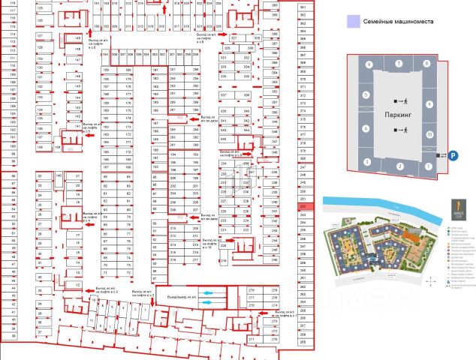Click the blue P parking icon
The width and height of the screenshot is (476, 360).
click(x=453, y=155)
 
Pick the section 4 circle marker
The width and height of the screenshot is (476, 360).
click(x=365, y=129)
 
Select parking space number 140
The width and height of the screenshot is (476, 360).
click(x=59, y=175)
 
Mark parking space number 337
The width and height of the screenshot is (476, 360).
click(x=224, y=95)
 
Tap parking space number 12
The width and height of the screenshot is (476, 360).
click(x=77, y=285)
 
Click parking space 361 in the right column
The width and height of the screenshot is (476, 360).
click(x=302, y=7)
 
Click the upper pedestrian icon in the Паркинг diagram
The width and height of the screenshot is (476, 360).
click(x=405, y=100)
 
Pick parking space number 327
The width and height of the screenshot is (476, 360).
click(x=233, y=37)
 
